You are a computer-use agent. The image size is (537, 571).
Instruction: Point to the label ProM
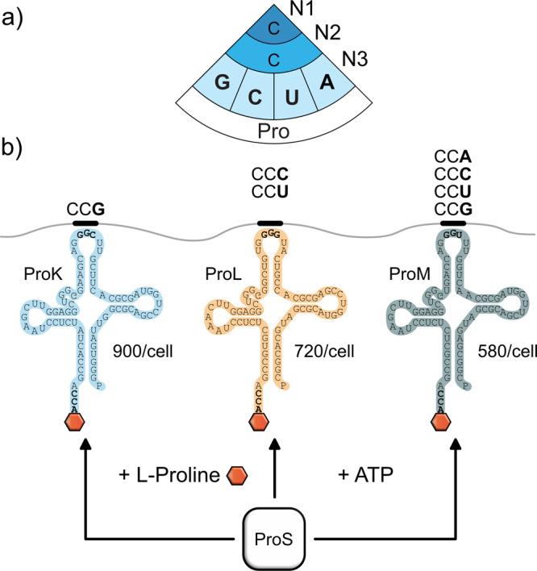pyautogui.click(x=394, y=278)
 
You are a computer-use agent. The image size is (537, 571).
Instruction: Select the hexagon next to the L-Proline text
pyautogui.click(x=239, y=475)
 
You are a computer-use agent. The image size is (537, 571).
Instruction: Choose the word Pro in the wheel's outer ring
pyautogui.click(x=273, y=128)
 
